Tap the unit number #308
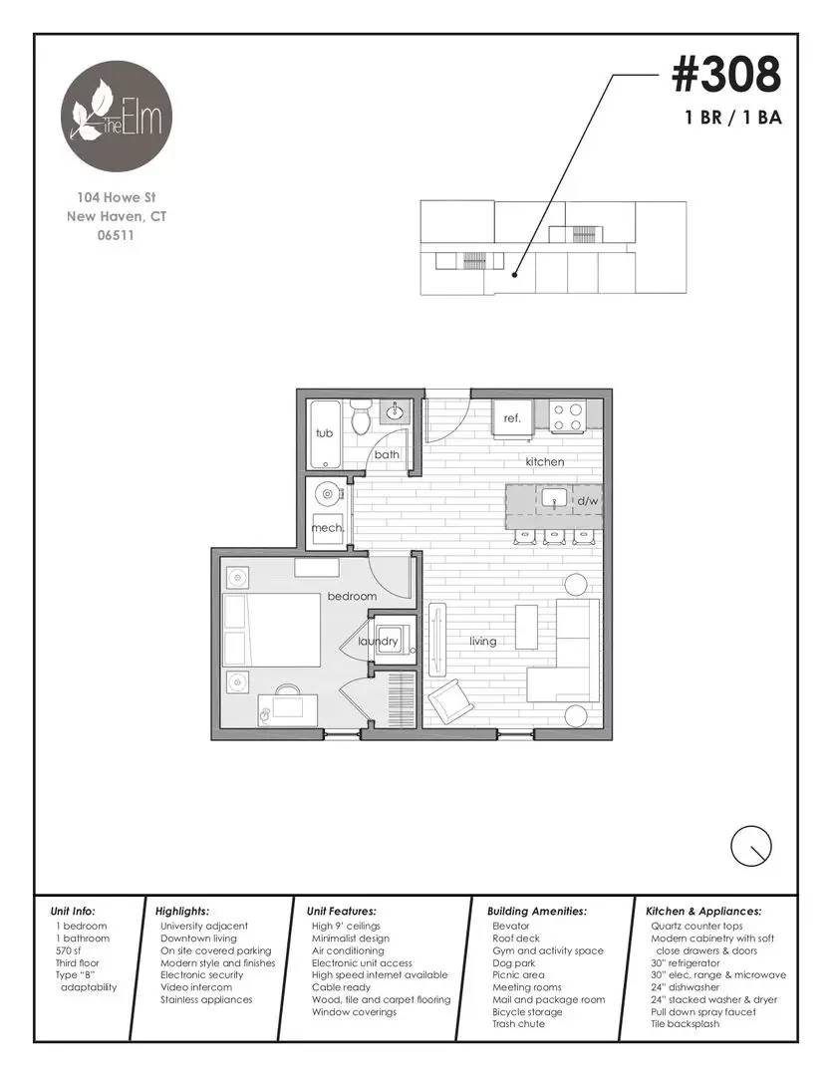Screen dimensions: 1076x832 click(725, 74)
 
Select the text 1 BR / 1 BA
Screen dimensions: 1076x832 click(732, 118)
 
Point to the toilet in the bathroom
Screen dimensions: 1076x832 click(362, 417)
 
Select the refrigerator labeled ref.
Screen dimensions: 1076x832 click(512, 418)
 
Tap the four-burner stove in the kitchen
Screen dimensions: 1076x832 click(568, 416)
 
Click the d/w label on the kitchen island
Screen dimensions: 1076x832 click(587, 501)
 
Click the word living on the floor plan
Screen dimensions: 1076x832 click(483, 642)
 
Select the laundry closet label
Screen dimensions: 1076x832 click(379, 642)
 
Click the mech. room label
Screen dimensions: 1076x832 click(327, 528)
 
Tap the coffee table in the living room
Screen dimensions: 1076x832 click(526, 627)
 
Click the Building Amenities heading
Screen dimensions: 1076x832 click(536, 911)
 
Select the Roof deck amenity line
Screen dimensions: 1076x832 click(515, 939)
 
